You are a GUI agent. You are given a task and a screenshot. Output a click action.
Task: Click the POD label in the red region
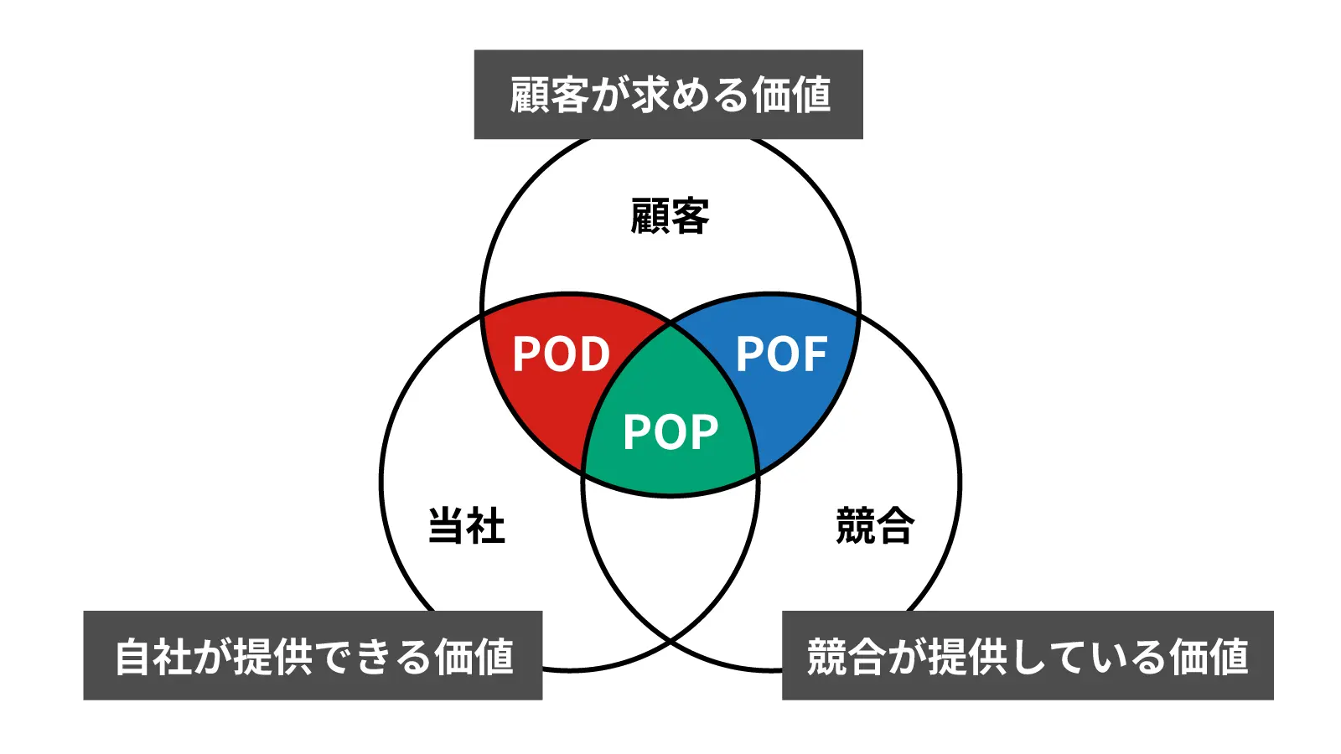click(561, 354)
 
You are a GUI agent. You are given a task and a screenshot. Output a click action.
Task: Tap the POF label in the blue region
click(781, 354)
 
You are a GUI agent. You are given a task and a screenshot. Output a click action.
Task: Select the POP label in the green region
click(670, 432)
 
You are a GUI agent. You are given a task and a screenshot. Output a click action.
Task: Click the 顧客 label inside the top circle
click(670, 216)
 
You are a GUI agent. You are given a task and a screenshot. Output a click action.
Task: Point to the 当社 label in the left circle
click(467, 526)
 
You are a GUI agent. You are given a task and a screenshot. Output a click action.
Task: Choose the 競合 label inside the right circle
click(874, 526)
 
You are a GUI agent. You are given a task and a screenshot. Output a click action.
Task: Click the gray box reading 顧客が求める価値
click(668, 95)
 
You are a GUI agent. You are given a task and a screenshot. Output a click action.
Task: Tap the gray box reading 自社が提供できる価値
click(313, 655)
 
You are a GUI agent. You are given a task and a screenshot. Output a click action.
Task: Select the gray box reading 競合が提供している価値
click(1028, 655)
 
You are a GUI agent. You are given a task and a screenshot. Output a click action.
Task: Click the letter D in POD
click(592, 354)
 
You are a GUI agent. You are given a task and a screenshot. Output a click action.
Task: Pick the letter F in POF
click(814, 354)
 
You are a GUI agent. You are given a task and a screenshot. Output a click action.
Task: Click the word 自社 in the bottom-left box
click(153, 656)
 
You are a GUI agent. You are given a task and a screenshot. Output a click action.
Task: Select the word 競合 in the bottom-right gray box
click(846, 656)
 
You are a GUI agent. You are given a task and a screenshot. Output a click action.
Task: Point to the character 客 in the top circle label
click(690, 216)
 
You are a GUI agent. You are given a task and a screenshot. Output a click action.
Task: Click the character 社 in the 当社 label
click(486, 526)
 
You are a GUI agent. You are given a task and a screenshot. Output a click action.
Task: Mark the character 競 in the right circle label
click(855, 526)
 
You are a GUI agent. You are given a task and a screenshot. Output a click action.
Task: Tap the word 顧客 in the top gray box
click(549, 95)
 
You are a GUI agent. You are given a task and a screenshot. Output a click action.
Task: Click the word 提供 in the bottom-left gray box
click(272, 656)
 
